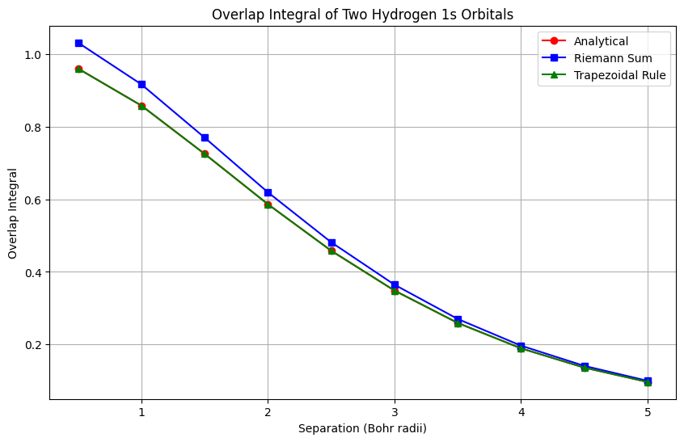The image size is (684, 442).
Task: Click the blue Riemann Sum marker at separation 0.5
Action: coord(78,43)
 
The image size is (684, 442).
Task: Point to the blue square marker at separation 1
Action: coord(141,84)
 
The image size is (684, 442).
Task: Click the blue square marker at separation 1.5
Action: coord(205,137)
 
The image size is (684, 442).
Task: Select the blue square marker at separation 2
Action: coord(268,192)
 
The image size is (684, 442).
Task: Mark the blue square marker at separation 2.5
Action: coord(331,242)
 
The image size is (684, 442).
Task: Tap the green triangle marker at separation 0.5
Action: coord(78,69)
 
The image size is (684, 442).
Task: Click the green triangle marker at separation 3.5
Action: coord(458,323)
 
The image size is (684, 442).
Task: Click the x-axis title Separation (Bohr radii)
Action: coord(362,428)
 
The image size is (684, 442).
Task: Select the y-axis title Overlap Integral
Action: coord(13,213)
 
